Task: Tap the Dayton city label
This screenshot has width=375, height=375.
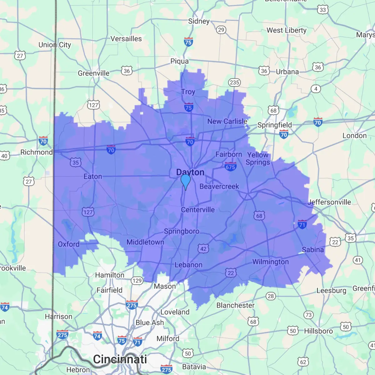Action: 190,172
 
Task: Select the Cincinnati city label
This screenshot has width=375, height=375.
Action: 120,359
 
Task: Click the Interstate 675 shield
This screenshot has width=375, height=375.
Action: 230,167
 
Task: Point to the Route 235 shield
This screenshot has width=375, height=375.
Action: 234,82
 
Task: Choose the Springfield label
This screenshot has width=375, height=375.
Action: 274,125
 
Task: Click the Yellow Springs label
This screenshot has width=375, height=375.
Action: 258,158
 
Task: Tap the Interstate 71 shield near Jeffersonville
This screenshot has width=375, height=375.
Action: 302,224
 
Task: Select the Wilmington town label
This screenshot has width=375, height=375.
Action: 270,262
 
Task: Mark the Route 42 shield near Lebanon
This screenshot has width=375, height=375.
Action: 203,249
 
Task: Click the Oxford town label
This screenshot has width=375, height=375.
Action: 68,244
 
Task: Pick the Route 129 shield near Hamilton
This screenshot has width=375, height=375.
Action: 137,281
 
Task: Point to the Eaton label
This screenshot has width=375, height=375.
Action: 93,177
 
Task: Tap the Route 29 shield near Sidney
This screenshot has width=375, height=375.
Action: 221,30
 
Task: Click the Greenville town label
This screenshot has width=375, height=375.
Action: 93,73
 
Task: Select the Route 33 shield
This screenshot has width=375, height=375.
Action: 323,10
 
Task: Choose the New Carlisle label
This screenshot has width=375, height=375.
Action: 227,121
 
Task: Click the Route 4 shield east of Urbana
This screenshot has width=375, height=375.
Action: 316,89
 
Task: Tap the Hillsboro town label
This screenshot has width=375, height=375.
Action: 318,331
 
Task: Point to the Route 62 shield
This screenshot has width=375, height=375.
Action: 303,362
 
